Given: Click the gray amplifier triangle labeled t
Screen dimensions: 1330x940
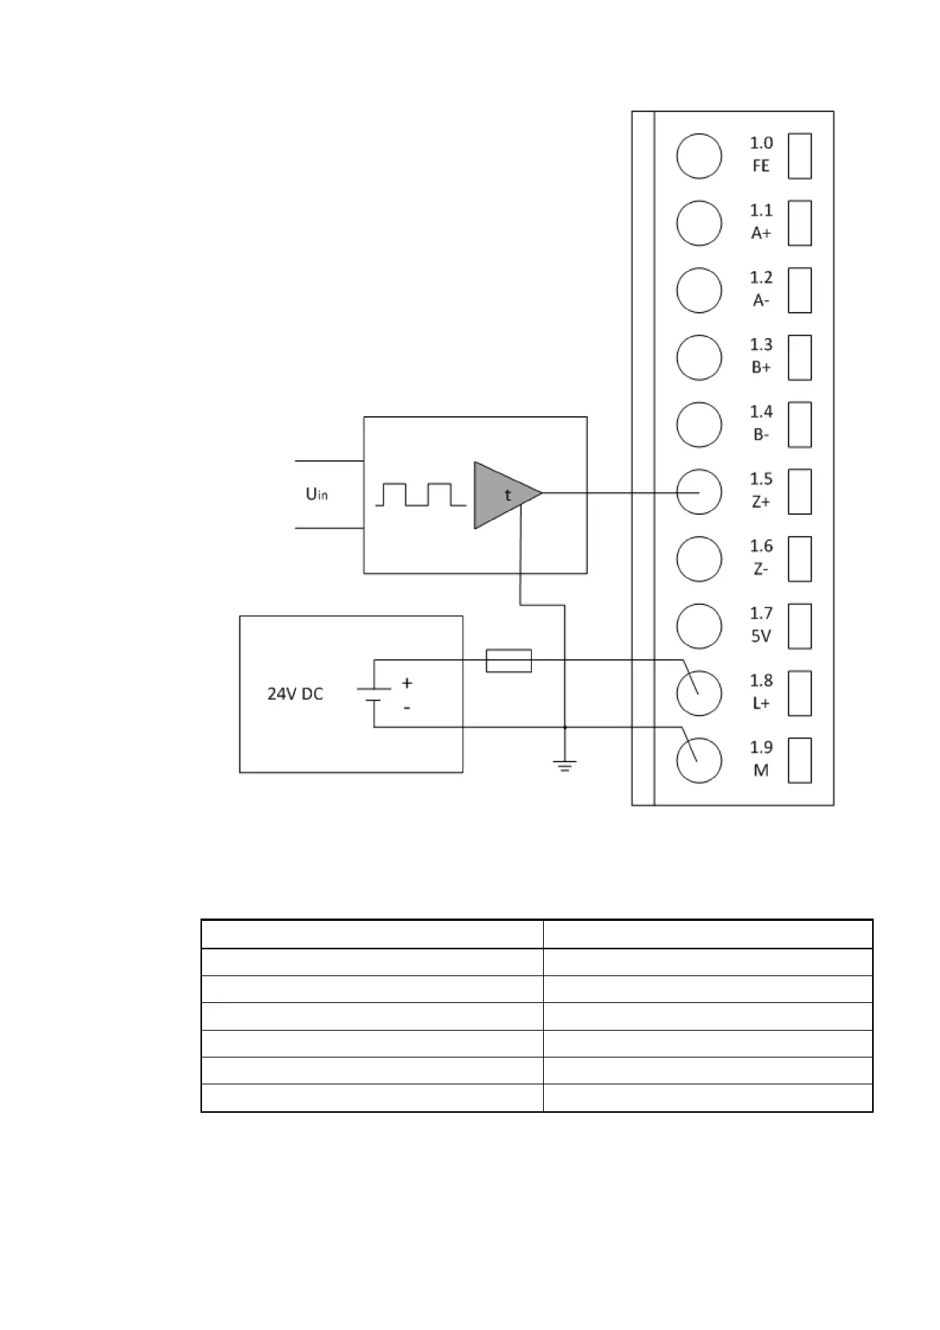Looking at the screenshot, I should [504, 495].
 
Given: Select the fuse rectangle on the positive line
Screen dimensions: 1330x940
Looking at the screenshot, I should [508, 660].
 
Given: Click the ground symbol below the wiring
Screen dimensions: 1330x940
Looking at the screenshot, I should [564, 765].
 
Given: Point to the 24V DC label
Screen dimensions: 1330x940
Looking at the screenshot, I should [295, 694].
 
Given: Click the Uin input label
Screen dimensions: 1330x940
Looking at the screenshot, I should [316, 494].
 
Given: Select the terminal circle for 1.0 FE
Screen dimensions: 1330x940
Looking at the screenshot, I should [698, 156].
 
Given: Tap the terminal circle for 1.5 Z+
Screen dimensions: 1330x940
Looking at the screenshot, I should [698, 491].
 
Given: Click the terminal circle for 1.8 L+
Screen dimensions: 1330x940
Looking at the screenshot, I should [698, 693].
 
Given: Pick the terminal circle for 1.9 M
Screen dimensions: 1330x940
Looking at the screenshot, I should [698, 760].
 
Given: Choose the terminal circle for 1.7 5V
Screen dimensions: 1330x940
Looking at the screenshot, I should [698, 626].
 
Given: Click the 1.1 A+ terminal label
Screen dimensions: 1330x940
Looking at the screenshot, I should [761, 222].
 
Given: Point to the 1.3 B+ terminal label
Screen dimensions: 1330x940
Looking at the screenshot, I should [761, 356].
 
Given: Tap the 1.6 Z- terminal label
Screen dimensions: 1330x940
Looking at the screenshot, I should [761, 558].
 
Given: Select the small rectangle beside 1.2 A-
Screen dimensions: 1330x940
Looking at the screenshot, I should [800, 290].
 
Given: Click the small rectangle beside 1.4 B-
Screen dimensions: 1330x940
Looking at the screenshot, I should [800, 424].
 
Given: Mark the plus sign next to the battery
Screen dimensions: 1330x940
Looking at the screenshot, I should [407, 682].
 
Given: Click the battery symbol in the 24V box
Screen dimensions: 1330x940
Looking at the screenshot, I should [374, 694].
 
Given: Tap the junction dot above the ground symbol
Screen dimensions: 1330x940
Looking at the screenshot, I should [564, 727].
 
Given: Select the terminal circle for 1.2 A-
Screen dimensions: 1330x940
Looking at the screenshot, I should [698, 290].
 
